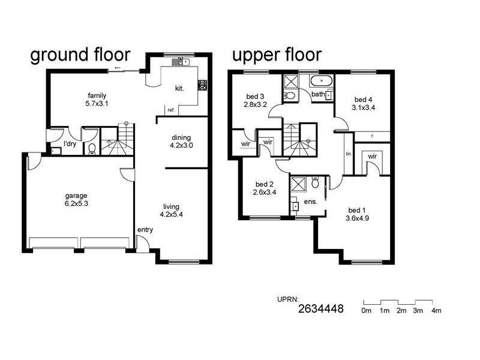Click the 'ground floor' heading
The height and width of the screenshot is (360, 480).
tap(80, 55)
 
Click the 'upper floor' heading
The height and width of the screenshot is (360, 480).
tap(277, 55)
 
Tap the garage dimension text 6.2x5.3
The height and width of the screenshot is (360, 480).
tap(76, 204)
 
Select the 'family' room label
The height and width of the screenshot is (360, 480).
tap(97, 95)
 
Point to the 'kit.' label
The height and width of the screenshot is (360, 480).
tap(179, 88)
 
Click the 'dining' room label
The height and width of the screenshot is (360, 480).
tap(181, 137)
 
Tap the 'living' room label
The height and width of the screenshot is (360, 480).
tap(172, 206)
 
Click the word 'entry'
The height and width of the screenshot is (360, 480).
tap(145, 230)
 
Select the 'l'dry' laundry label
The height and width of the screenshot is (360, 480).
tap(70, 145)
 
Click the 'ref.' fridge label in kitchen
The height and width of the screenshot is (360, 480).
tap(171, 110)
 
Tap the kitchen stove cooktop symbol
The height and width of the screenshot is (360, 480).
tap(202, 85)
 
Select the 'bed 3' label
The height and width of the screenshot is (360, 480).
tap(255, 96)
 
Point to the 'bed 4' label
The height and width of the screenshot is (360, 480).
tap(363, 100)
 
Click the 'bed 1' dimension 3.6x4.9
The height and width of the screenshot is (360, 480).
tap(357, 218)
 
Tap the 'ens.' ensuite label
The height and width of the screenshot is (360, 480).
tap(310, 202)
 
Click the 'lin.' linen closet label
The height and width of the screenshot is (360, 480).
tap(348, 154)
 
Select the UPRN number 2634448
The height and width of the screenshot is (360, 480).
tap(321, 310)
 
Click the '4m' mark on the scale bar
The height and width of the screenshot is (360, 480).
tap(436, 310)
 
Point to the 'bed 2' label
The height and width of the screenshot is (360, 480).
tap(265, 184)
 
